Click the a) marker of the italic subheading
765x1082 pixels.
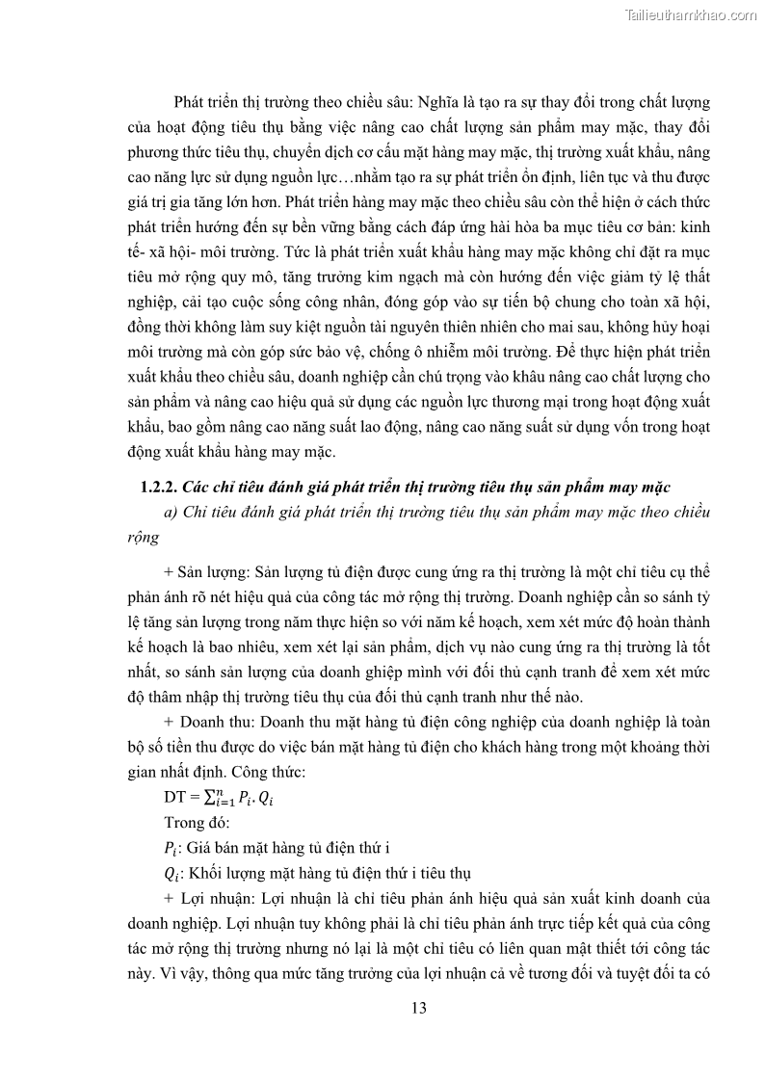point(173,512)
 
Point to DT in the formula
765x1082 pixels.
point(175,799)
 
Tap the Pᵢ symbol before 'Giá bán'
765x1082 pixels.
point(173,849)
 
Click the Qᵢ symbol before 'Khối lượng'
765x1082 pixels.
point(173,874)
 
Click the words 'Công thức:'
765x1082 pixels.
point(318,774)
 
